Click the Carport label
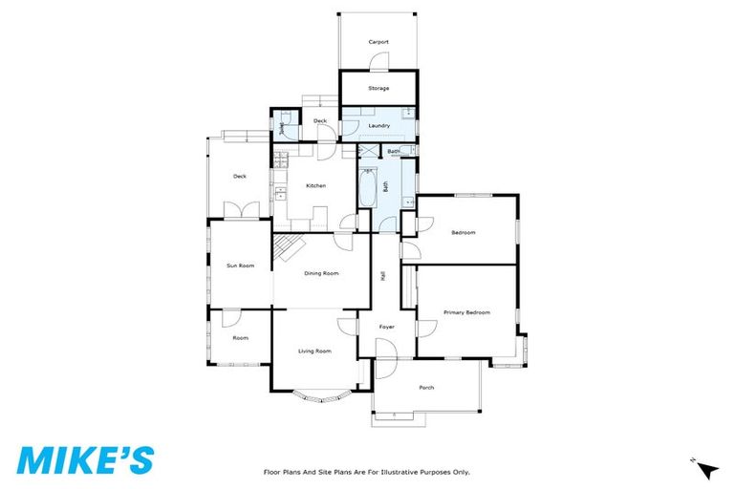click(x=378, y=42)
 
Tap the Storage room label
click(x=378, y=88)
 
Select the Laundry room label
click(x=378, y=125)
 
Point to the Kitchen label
click(x=315, y=185)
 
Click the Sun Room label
click(x=240, y=265)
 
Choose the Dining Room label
click(x=321, y=273)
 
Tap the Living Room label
click(x=314, y=351)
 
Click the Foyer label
click(x=386, y=327)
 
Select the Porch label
click(x=426, y=387)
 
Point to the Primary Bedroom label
click(x=466, y=312)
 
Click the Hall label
click(x=382, y=275)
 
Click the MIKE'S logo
click(x=85, y=458)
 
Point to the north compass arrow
click(x=707, y=469)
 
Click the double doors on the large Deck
click(x=241, y=210)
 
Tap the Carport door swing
click(x=379, y=63)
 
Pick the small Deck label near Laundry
click(x=320, y=121)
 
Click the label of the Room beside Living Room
click(x=240, y=337)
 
